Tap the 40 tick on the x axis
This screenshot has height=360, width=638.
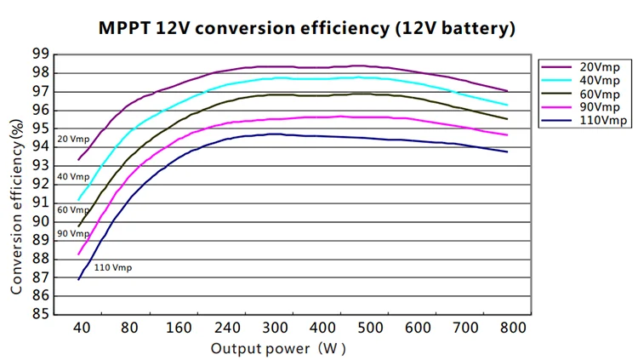(x=80, y=328)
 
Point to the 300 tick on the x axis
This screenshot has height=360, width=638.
(x=274, y=328)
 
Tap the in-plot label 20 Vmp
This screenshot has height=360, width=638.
(x=73, y=139)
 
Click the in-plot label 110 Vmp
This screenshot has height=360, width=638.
(x=113, y=268)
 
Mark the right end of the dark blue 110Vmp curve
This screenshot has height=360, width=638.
(x=508, y=151)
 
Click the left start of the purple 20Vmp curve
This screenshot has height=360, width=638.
(x=78, y=159)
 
